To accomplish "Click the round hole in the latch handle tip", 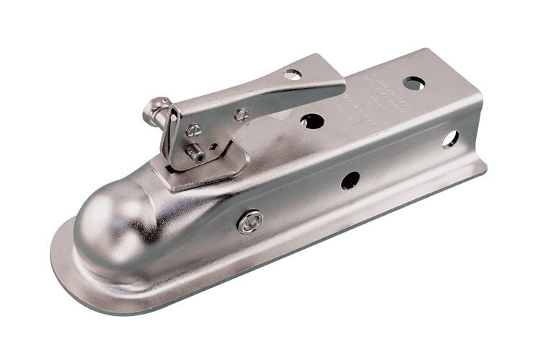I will point(293,74).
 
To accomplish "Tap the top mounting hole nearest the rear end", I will point(414,84).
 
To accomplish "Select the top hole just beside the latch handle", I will point(312,121).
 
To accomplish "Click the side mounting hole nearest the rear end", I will point(450,139).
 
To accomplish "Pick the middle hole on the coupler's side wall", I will point(351,180).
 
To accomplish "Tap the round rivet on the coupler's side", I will point(250,221).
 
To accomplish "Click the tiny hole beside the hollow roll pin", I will point(213,146).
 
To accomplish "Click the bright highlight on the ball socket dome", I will point(101,216).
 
